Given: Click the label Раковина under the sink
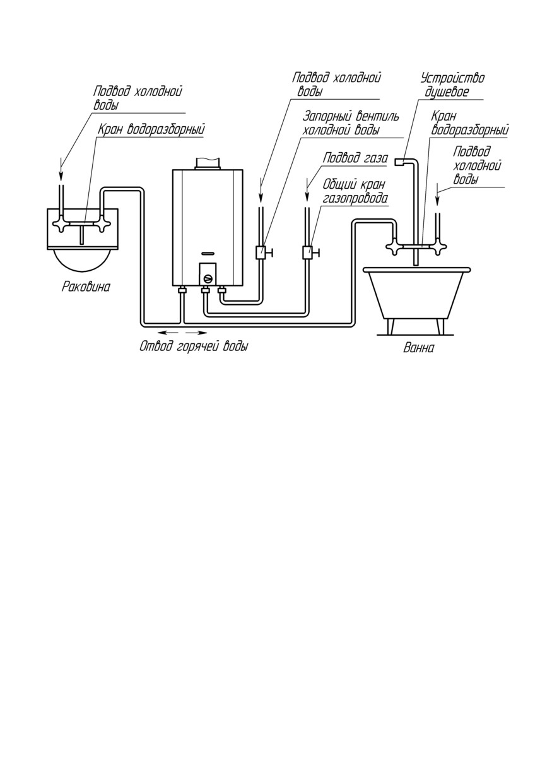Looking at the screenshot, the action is pos(86,287).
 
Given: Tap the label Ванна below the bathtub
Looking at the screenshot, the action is pos(418,348).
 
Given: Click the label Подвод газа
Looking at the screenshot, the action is pos(355,158).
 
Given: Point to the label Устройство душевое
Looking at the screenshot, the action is pos(452,85).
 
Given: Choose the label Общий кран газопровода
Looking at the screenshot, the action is pos(355,191).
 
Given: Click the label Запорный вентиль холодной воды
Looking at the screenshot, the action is pos(351,123).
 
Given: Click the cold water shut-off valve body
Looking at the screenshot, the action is pos(261,252).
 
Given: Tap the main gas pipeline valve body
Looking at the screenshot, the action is pos(307,252).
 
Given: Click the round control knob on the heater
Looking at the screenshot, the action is pos(208,278).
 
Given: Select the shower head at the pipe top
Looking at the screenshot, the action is pos(399,162).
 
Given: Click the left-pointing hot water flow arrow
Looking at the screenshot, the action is pos(166,332).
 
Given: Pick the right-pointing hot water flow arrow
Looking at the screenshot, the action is pos(194,332).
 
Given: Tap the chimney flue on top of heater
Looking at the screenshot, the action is pos(208,163).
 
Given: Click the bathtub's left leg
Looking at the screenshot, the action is pos(391,326).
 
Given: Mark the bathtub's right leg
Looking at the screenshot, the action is pos(440,326).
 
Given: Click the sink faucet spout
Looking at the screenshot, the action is pos(82,234).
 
